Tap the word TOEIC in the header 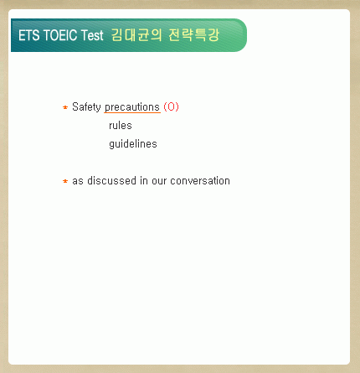60,35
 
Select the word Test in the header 92,35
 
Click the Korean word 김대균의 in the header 136,35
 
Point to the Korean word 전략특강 194,35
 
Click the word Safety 86,107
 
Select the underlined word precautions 132,107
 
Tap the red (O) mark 171,106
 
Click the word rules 121,126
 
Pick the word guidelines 133,144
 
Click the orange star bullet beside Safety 65,107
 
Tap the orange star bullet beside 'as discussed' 65,181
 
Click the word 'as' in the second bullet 78,181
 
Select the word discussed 111,180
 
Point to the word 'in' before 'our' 144,180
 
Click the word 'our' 159,181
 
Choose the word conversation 200,180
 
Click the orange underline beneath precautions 132,112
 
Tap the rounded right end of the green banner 242,35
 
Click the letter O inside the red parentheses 171,106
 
